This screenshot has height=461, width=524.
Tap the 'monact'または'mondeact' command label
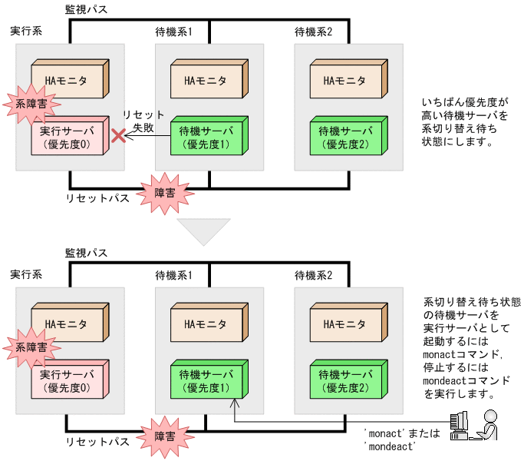point(402,439)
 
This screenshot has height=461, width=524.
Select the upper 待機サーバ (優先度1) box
point(206,138)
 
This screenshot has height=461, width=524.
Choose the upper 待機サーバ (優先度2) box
point(345,138)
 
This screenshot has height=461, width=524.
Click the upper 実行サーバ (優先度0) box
point(68,138)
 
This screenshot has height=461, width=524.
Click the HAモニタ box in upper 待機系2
point(346,80)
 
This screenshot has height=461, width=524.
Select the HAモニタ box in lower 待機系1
point(206,323)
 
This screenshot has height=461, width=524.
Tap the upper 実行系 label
point(26,32)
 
